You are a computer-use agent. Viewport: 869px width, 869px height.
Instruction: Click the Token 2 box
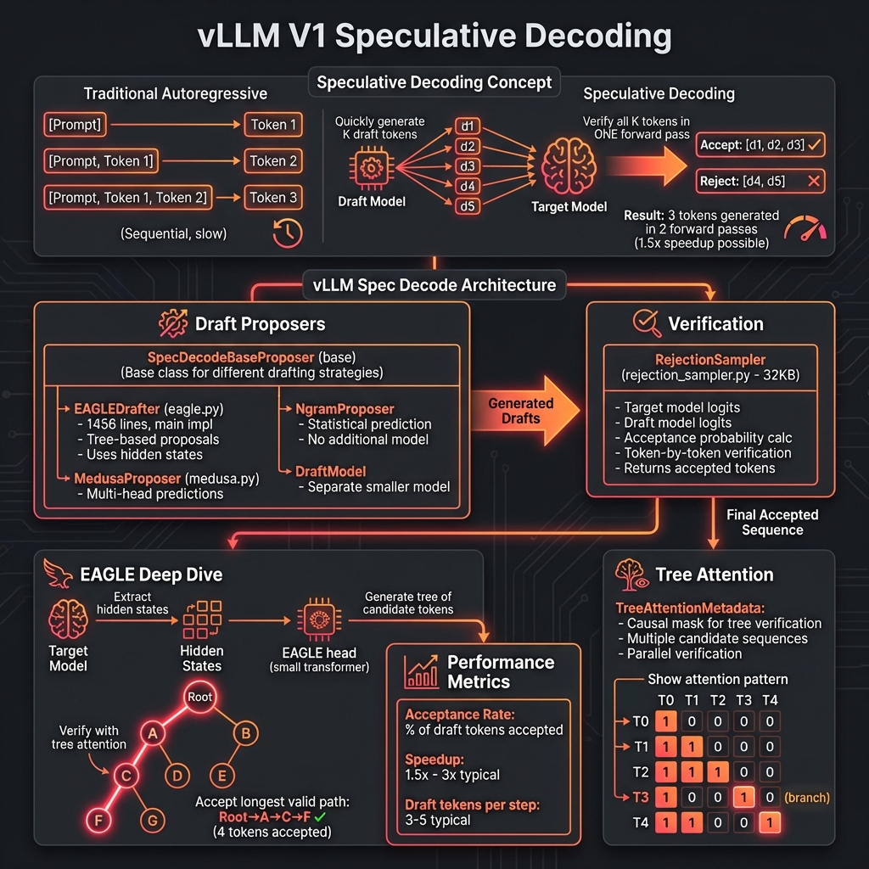pos(274,161)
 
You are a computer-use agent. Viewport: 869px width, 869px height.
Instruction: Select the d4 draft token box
pos(467,186)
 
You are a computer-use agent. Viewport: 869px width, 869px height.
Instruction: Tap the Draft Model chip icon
pos(371,167)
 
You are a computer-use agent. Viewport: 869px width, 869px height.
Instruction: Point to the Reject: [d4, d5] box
pos(760,181)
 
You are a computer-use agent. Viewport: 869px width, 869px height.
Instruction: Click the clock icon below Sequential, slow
pos(288,233)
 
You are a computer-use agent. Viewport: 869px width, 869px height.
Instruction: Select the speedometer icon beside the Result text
pos(803,230)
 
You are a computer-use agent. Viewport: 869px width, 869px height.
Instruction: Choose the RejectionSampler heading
pos(709,358)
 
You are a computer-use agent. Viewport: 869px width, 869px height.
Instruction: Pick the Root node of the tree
pos(201,697)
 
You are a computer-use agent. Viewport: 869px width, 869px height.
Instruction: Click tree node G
pos(153,821)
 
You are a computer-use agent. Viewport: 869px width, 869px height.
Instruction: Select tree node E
pos(221,774)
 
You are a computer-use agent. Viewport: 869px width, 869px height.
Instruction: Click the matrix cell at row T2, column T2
pos(718,772)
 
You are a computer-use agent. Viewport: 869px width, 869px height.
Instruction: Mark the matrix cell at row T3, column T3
pos(743,798)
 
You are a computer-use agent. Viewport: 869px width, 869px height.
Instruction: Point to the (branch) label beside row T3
pos(806,798)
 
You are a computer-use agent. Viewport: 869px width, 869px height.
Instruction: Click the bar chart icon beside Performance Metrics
pos(420,671)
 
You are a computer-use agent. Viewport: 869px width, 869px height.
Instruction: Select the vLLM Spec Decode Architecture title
pos(434,285)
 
